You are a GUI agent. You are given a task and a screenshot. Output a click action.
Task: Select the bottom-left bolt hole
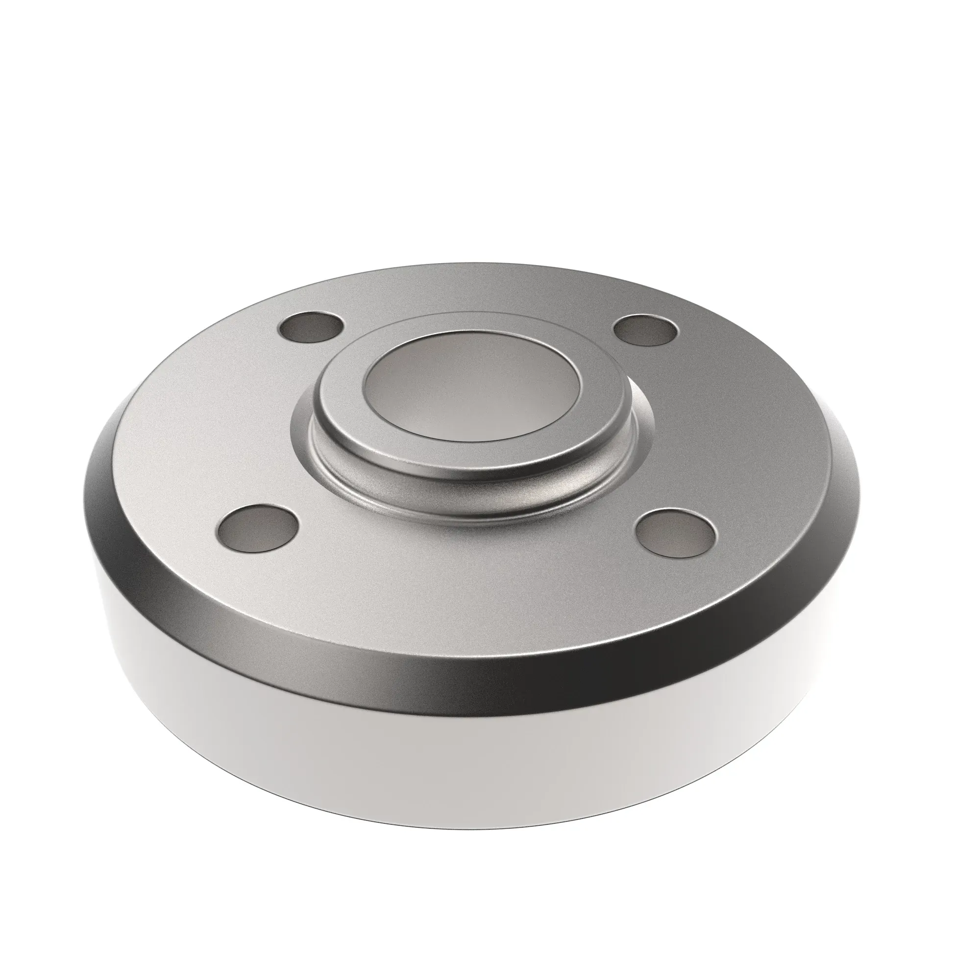pyautogui.click(x=257, y=528)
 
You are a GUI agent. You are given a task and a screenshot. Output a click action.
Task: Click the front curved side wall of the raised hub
pyautogui.click(x=472, y=479)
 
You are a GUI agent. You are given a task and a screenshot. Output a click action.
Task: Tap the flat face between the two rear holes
pyautogui.click(x=477, y=294)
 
